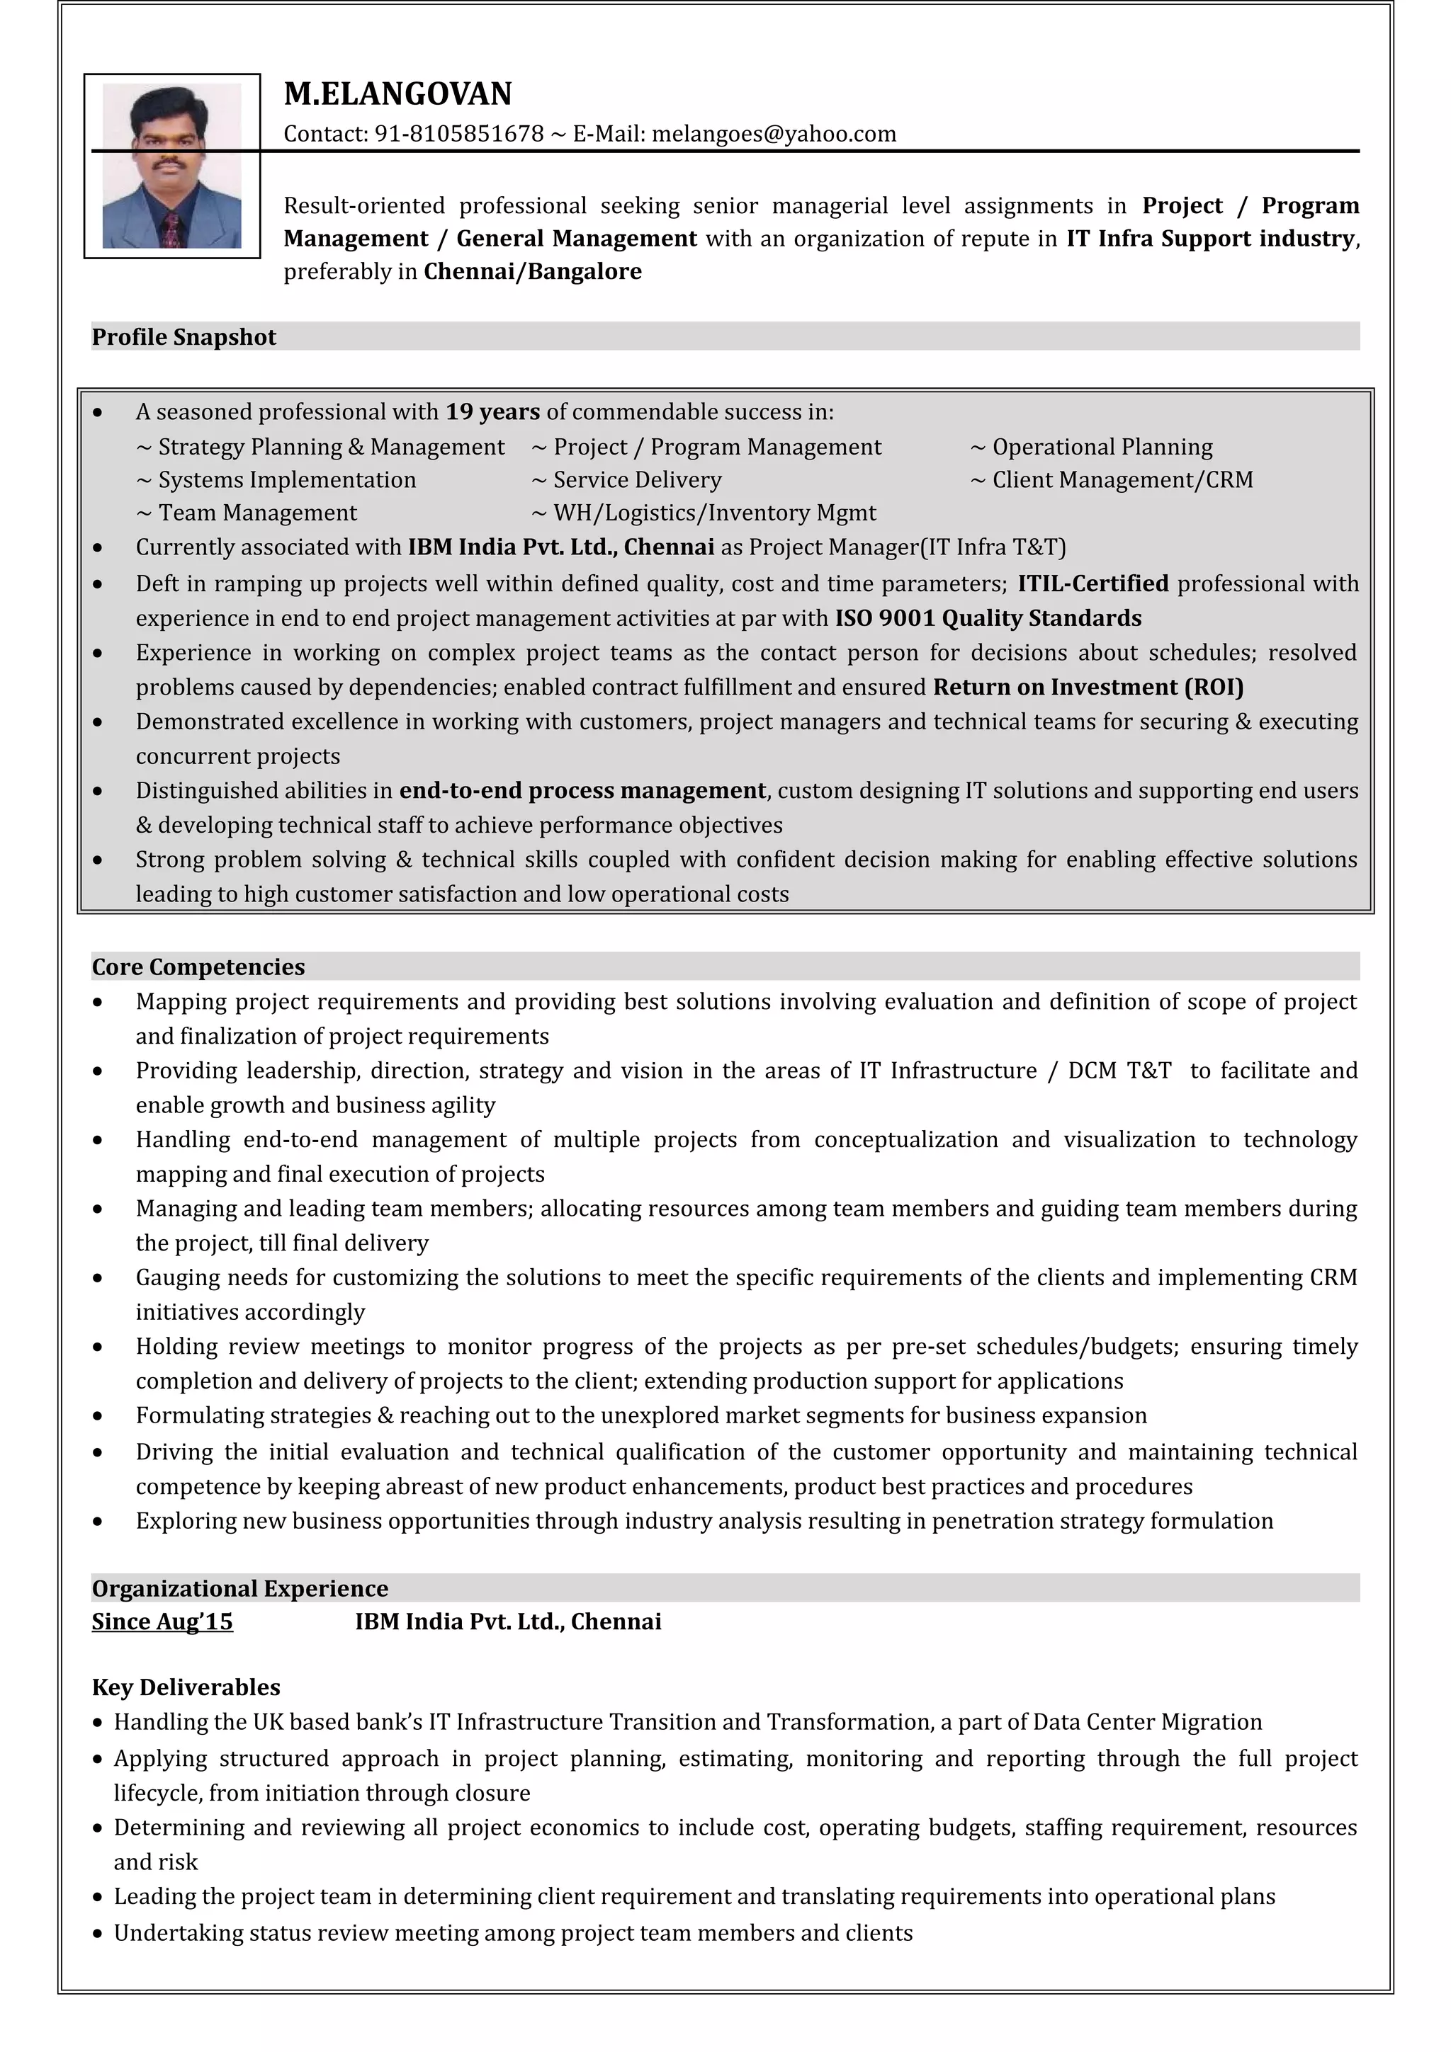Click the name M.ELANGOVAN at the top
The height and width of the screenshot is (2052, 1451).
pyautogui.click(x=398, y=94)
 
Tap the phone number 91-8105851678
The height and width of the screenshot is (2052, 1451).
pyautogui.click(x=458, y=134)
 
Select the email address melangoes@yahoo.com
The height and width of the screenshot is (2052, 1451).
pyautogui.click(x=774, y=134)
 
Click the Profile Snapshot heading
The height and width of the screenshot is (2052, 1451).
pyautogui.click(x=184, y=337)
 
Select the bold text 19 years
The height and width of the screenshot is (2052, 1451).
pyautogui.click(x=492, y=412)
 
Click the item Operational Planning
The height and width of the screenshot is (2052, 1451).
pyautogui.click(x=1102, y=447)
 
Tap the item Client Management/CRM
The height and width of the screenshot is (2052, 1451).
pyautogui.click(x=1122, y=480)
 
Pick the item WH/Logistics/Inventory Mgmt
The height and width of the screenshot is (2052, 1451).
pyautogui.click(x=713, y=513)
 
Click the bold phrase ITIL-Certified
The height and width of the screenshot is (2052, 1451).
pyautogui.click(x=1093, y=583)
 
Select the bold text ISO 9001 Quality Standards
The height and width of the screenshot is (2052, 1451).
pyautogui.click(x=988, y=618)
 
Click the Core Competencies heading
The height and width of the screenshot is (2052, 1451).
pyautogui.click(x=198, y=967)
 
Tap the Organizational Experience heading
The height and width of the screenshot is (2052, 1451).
pyautogui.click(x=239, y=1588)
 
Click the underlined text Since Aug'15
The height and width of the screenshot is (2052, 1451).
pyautogui.click(x=162, y=1621)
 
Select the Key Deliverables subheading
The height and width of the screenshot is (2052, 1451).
pyautogui.click(x=186, y=1687)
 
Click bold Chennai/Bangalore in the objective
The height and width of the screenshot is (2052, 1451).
pyautogui.click(x=532, y=272)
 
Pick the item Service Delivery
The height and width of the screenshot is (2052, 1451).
pyautogui.click(x=636, y=480)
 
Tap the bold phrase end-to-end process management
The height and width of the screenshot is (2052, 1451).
pyautogui.click(x=582, y=791)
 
